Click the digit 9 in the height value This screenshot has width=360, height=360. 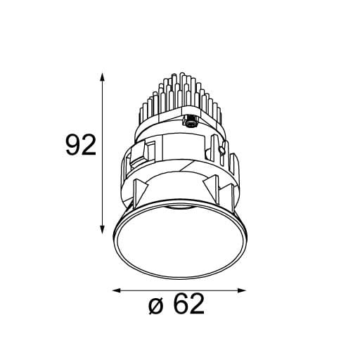71,146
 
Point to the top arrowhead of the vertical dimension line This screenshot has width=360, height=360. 104,75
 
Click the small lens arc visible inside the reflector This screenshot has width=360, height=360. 179,209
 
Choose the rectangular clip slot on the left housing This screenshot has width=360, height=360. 149,149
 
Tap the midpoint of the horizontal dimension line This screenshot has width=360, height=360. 179,289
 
